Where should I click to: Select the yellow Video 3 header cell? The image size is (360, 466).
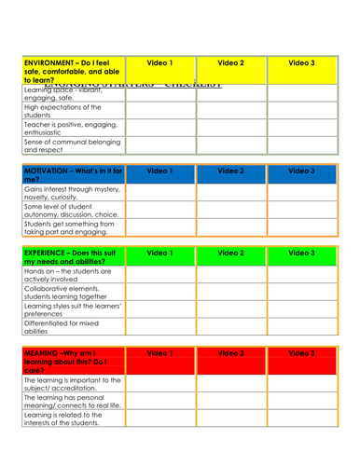300,62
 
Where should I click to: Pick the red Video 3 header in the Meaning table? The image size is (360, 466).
300,354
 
